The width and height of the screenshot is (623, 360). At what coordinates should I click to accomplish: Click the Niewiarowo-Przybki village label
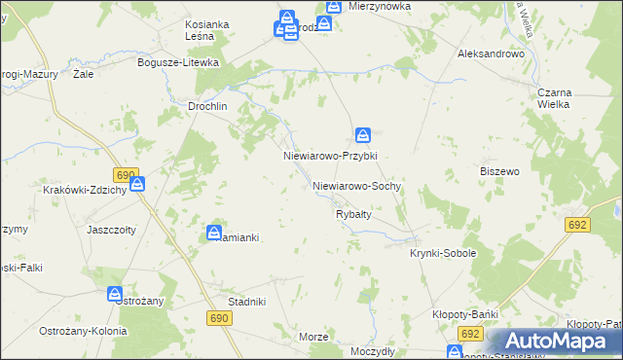(329, 156)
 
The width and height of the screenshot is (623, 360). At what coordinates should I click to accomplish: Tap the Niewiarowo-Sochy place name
(357, 185)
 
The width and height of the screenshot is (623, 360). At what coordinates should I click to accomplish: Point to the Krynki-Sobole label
(443, 253)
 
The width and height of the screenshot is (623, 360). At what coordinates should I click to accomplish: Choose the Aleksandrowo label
(491, 54)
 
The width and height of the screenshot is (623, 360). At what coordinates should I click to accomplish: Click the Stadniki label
(246, 302)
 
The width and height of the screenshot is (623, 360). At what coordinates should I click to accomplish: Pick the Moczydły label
(372, 348)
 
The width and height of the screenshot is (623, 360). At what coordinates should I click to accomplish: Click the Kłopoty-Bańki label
(465, 314)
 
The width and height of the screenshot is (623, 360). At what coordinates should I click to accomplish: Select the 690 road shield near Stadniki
(218, 318)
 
